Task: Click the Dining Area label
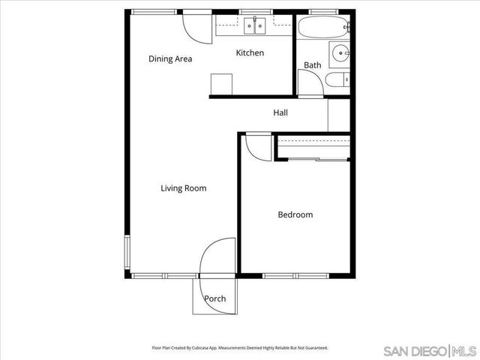point(170,59)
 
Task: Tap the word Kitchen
point(250,52)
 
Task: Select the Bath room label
point(312,65)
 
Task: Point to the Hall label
point(280,112)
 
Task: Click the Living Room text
point(183,188)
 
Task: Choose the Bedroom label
point(295,214)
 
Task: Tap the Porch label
point(215,298)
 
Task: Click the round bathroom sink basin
point(341,52)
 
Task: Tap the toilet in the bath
point(341,79)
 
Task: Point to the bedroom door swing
point(257,145)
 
